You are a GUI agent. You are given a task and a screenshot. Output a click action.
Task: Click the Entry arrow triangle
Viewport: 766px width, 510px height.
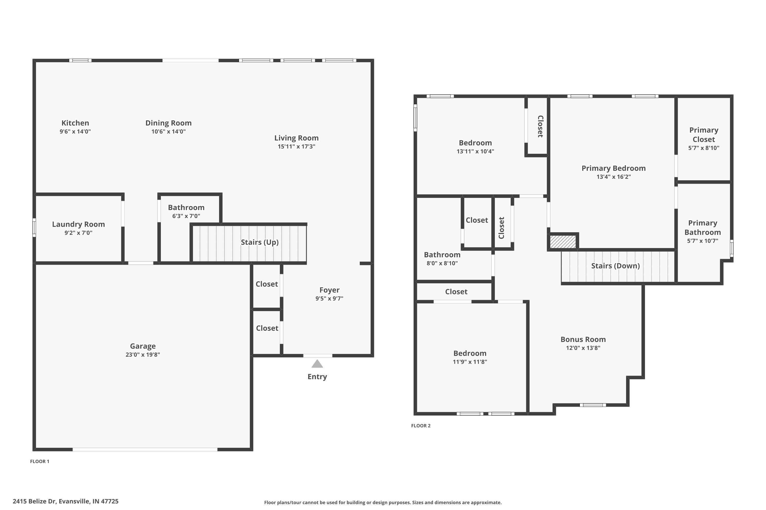point(317,364)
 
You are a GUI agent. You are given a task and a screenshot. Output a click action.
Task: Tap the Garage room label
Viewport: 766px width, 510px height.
point(143,346)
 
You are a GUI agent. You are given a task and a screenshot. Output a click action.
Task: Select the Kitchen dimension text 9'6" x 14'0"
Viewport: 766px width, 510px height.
point(75,131)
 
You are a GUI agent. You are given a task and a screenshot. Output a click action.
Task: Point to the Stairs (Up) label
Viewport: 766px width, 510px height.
point(260,242)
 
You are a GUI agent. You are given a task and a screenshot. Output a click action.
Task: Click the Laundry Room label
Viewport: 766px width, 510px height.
point(78,224)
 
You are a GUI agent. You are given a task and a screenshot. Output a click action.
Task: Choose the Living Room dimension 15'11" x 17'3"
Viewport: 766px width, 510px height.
point(296,146)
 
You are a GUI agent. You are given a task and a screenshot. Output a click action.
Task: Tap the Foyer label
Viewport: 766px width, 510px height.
point(329,290)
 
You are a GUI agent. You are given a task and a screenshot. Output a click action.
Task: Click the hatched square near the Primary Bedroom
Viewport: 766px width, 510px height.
point(563,242)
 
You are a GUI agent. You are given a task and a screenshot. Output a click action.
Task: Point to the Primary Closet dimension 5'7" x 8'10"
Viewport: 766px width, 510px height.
point(703,148)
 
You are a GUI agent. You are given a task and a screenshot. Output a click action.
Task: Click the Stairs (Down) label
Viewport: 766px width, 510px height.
point(615,266)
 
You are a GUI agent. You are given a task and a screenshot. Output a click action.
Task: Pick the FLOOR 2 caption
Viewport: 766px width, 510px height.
point(421,426)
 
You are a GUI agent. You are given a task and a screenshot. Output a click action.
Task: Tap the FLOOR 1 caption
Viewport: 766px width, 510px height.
point(40,462)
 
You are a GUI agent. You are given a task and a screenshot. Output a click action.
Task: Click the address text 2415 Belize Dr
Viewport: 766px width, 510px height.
point(34,501)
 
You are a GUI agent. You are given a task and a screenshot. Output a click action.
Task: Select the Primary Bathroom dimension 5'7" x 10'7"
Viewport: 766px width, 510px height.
point(702,241)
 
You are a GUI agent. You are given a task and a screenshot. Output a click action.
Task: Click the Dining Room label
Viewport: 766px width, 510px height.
point(168,123)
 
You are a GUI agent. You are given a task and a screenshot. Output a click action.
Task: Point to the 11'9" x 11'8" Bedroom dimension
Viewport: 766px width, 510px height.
point(470,362)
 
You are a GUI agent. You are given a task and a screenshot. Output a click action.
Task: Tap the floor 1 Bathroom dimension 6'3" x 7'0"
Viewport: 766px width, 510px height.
point(186,216)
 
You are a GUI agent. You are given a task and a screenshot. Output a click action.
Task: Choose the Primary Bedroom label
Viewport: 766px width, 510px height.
point(614,168)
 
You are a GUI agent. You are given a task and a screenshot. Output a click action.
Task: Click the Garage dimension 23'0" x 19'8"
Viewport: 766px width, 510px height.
point(143,354)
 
